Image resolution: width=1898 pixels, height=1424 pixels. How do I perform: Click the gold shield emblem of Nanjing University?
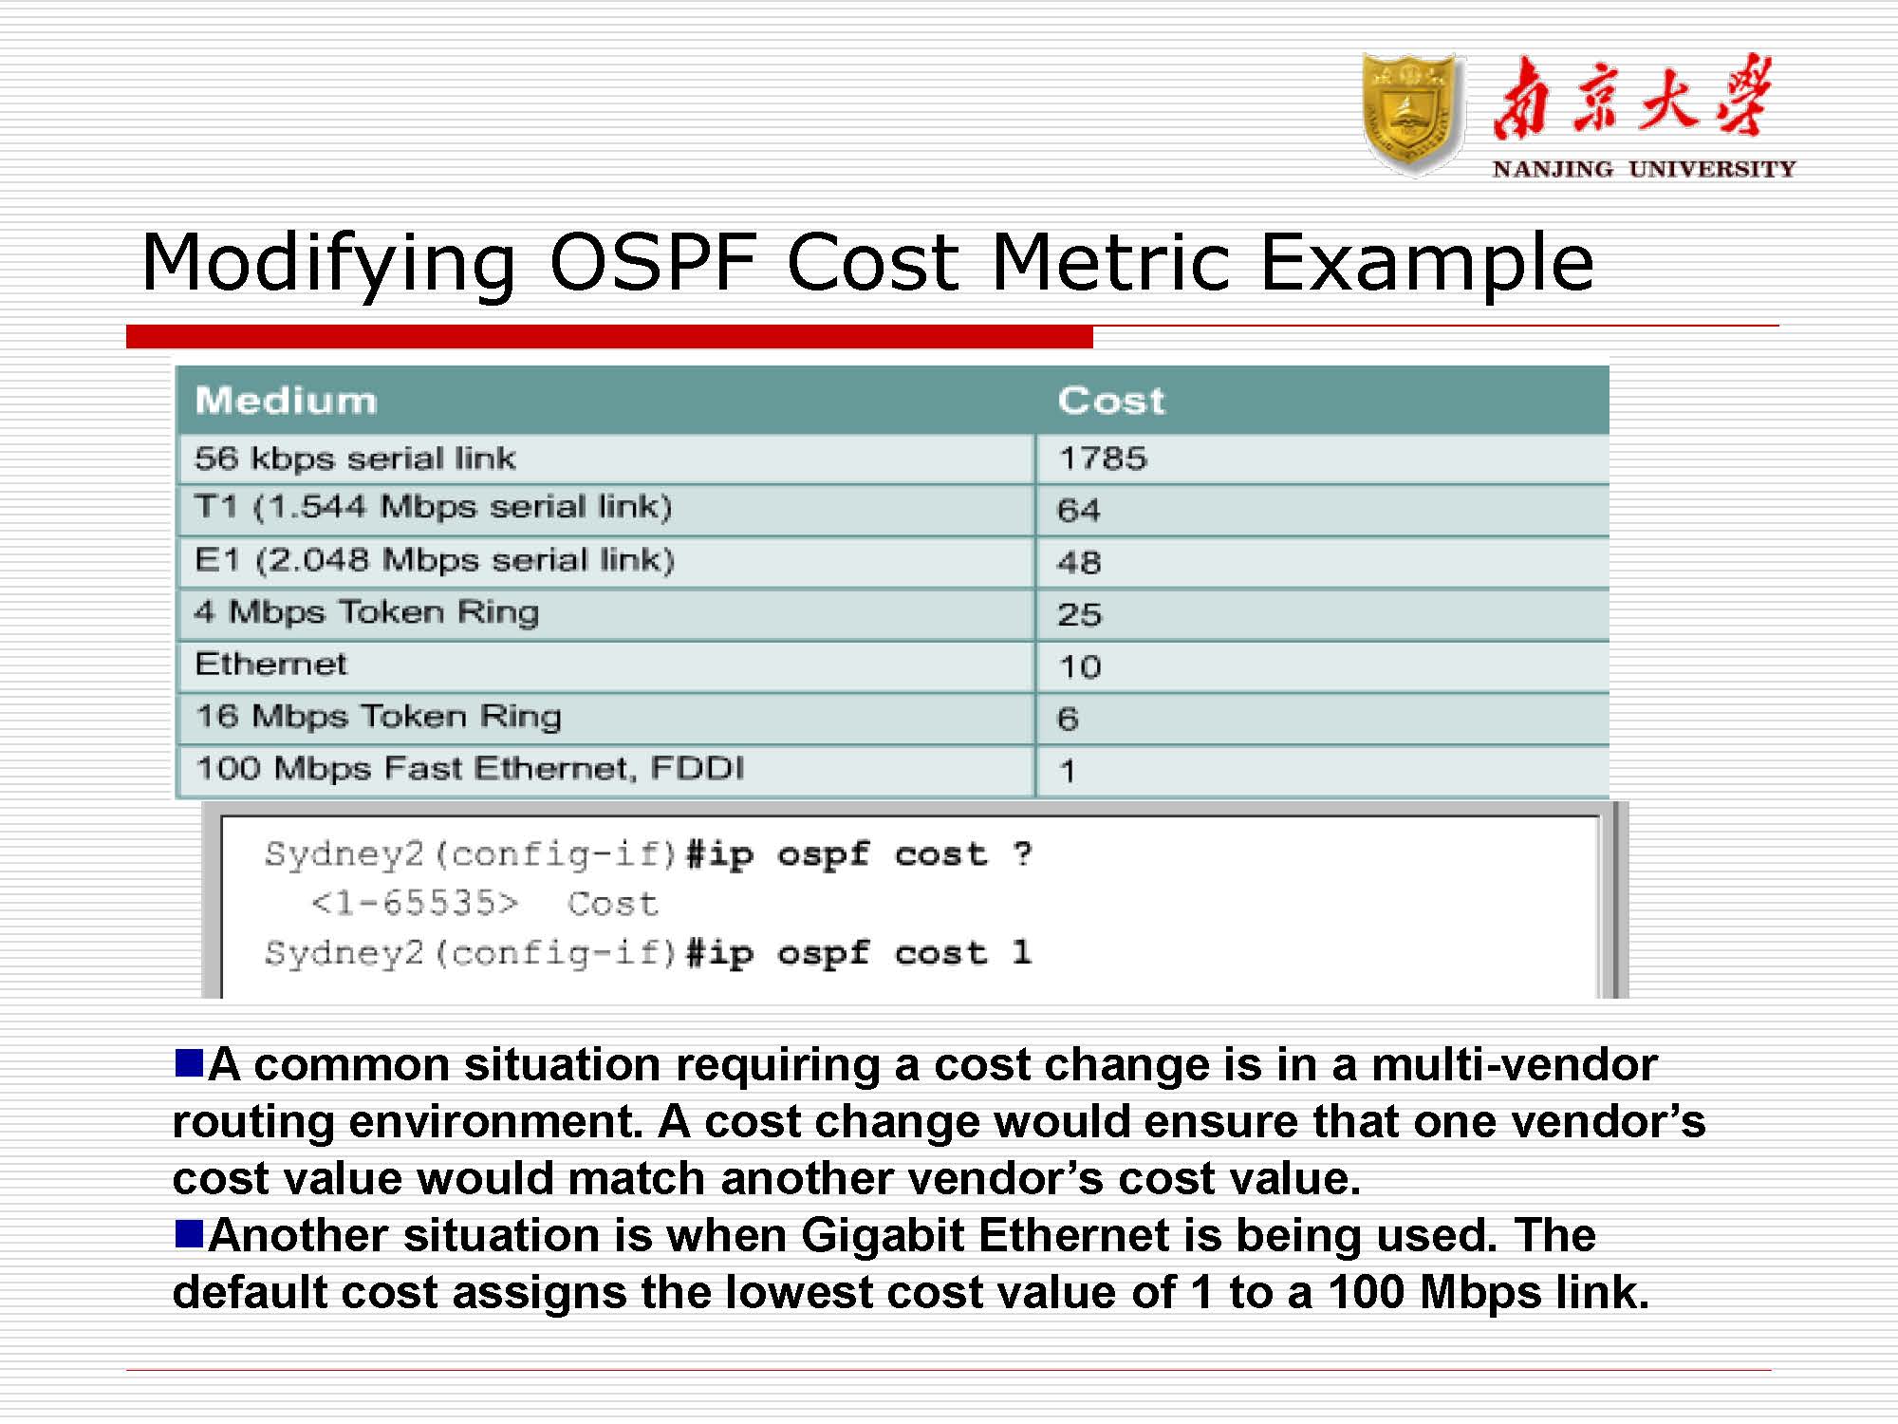click(x=1412, y=113)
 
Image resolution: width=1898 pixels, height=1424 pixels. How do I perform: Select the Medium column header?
click(x=286, y=401)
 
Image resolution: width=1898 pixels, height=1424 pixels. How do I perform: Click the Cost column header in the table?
click(x=1110, y=401)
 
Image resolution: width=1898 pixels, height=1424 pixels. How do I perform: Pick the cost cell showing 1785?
click(x=1103, y=459)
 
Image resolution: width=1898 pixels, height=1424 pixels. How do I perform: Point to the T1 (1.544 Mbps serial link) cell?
click(x=433, y=508)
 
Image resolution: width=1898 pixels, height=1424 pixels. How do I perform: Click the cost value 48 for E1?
click(x=1079, y=563)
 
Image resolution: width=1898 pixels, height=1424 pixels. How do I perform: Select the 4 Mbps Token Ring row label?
click(x=366, y=612)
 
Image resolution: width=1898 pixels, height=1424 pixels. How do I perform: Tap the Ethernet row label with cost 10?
click(x=270, y=665)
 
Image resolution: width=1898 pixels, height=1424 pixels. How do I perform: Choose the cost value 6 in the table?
click(x=1068, y=720)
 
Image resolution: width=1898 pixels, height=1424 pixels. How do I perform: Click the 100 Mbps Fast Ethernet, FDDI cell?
click(x=470, y=768)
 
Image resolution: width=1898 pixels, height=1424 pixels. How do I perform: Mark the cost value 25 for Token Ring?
click(x=1080, y=615)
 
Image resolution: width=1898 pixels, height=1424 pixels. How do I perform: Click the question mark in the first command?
click(x=1021, y=853)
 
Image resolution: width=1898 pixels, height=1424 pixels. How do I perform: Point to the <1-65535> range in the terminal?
click(x=415, y=903)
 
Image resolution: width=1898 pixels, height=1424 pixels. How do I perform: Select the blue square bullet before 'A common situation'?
click(x=189, y=1062)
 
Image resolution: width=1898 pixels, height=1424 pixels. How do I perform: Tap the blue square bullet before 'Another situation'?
click(x=189, y=1233)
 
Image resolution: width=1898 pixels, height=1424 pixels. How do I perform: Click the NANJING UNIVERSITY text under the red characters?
click(x=1644, y=169)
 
